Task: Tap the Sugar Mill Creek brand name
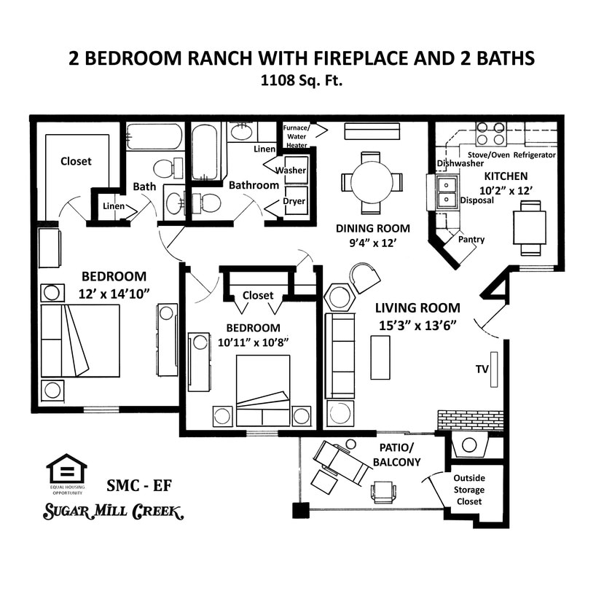coord(113,511)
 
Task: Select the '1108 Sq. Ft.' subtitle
coord(302,81)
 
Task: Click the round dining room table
coord(372,182)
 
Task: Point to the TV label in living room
coord(482,369)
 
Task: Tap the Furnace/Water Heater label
coord(296,136)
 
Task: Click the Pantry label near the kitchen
coord(471,239)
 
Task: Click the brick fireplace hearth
coord(470,420)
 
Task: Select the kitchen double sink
coord(447,192)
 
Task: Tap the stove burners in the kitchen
coord(491,134)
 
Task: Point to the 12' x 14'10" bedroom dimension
coord(114,294)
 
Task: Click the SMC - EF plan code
coord(139,485)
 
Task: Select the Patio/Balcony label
coord(396,455)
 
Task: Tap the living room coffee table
coord(380,357)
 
